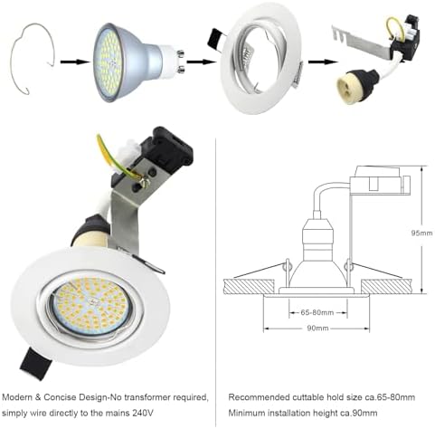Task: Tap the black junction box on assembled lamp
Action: click(160, 157)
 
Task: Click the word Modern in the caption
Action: click(19, 397)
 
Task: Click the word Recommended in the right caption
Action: click(258, 397)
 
